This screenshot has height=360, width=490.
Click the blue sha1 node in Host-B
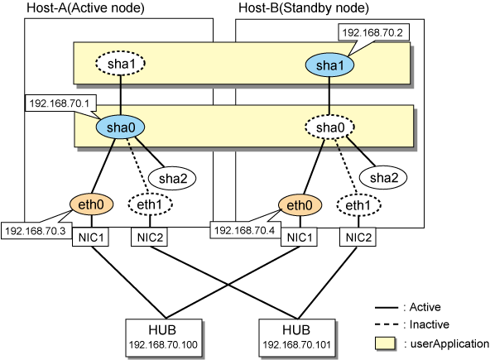coord(329,65)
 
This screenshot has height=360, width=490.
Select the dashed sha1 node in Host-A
coord(120,63)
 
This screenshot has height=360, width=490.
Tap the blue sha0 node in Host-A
coord(120,127)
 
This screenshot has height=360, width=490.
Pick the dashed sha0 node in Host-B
coord(329,127)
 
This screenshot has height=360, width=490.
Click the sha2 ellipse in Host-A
coord(172,178)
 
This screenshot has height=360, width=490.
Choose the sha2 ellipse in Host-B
coord(383,177)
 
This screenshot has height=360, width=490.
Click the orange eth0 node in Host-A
coord(91,204)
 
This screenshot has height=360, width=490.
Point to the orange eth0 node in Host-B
coord(300,205)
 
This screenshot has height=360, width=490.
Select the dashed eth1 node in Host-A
coord(150,204)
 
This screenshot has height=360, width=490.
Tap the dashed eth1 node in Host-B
coord(358,205)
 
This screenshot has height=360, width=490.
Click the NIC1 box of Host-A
coord(90,238)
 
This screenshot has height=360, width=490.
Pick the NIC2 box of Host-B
coord(358,238)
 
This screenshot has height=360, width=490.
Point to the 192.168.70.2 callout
coord(373,32)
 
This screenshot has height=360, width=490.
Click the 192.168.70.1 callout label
coord(60,103)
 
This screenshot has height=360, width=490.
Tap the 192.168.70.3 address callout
coord(36,231)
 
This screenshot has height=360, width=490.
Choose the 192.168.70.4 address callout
coord(245,230)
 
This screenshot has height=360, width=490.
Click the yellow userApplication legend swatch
coord(385,343)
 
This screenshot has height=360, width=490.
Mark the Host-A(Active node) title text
coord(85,7)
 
